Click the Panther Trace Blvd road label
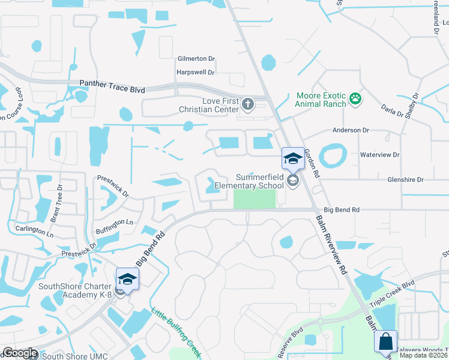click(113, 89)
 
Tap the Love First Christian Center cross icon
click(247, 105)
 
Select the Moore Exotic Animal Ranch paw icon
click(355, 97)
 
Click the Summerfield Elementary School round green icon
click(292, 181)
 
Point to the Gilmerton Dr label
click(196, 59)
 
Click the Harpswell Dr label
click(195, 73)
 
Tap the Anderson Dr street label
click(351, 130)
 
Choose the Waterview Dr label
click(379, 155)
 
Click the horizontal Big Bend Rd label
click(342, 210)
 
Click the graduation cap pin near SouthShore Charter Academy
click(127, 279)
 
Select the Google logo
click(20, 353)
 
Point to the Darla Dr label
click(394, 115)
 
